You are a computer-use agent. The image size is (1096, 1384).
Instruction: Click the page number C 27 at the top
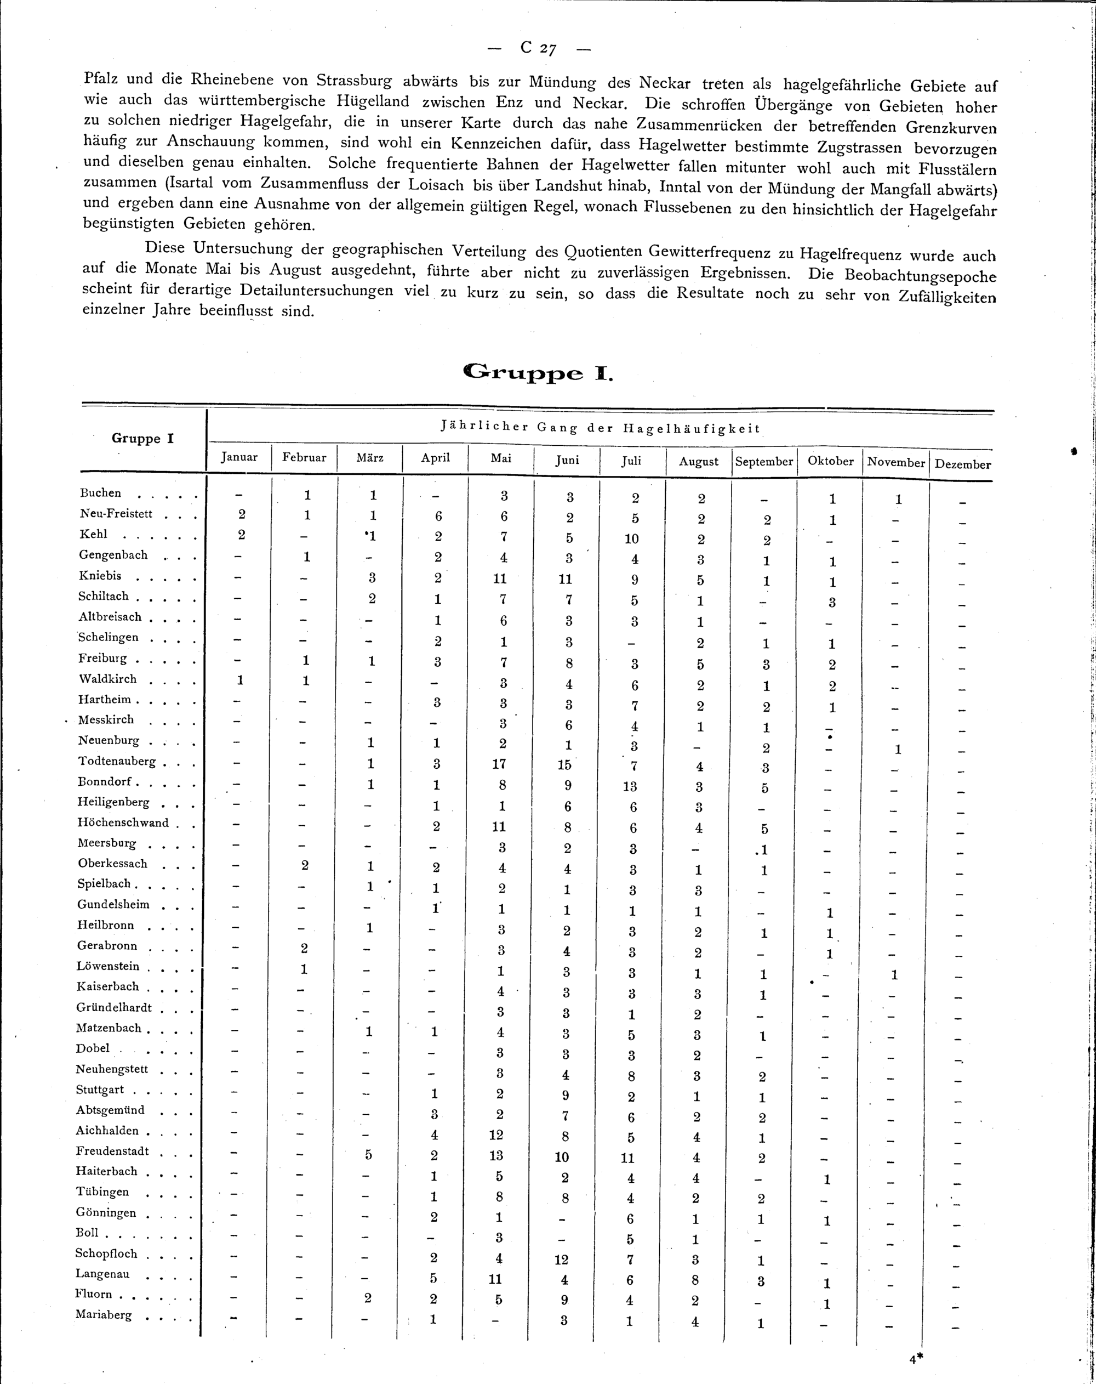point(538,48)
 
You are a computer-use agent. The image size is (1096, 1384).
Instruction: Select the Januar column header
point(239,457)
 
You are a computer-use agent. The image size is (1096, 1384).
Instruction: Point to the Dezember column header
point(962,464)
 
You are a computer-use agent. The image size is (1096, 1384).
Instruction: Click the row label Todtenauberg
point(117,761)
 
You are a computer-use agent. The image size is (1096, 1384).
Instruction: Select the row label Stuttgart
point(100,1090)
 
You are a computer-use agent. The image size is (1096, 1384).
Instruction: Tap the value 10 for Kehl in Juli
point(631,538)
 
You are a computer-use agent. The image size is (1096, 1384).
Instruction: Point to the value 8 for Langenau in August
point(696,1280)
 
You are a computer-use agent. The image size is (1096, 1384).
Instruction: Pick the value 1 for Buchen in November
point(898,500)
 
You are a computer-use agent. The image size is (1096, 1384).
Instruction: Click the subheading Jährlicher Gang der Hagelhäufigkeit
point(600,428)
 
